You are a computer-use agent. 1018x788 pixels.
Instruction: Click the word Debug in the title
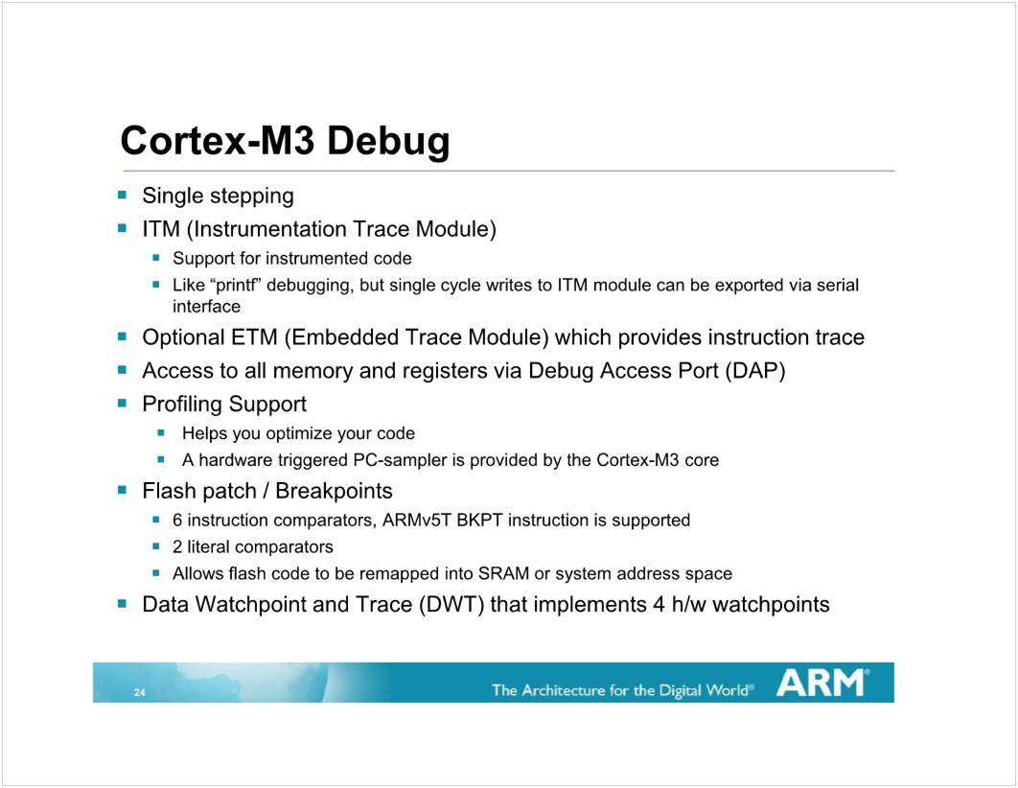[x=388, y=142]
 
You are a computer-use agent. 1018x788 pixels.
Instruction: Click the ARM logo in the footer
[x=822, y=683]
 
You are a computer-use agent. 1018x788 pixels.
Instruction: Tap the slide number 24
[x=140, y=692]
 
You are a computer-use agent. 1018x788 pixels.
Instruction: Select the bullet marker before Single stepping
[x=122, y=194]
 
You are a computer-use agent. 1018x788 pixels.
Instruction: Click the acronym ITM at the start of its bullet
[x=160, y=229]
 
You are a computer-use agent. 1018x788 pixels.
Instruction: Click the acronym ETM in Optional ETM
[x=255, y=337]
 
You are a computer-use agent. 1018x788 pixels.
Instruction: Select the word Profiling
[x=182, y=405]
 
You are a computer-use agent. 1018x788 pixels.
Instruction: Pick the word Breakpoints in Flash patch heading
[x=334, y=492]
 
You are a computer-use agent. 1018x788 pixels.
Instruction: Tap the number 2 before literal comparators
[x=177, y=547]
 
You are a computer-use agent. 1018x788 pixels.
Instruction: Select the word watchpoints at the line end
[x=772, y=605]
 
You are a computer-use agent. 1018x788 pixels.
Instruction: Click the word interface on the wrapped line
[x=206, y=307]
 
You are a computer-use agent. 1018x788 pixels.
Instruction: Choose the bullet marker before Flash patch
[x=122, y=490]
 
